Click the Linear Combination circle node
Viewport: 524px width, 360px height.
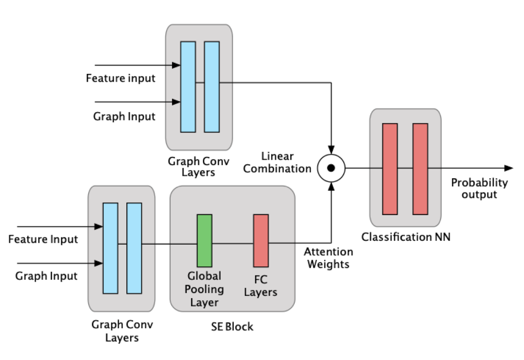coord(331,168)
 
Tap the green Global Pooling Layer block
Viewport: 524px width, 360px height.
coord(204,241)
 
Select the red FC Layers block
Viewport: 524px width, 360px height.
coord(261,241)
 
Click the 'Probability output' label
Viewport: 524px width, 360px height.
coord(479,188)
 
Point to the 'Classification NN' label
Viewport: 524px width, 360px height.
coord(406,237)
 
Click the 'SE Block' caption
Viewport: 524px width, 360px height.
coord(232,327)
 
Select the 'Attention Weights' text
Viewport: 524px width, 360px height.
coord(328,258)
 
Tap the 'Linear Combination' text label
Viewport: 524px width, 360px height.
coord(277,162)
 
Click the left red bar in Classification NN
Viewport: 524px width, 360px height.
coord(390,169)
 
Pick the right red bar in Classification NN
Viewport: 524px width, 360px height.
coord(420,169)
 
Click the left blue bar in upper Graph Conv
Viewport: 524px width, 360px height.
coord(188,87)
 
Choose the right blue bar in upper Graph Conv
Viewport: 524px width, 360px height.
coord(212,87)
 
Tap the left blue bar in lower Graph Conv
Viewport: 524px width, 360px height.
coord(110,248)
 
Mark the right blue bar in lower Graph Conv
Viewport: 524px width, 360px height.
coord(134,248)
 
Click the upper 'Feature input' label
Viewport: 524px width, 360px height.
coord(121,78)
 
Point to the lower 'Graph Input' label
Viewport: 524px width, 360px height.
coord(47,276)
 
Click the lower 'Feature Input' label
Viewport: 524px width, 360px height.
coord(43,239)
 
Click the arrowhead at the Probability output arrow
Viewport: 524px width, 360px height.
coord(509,168)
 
